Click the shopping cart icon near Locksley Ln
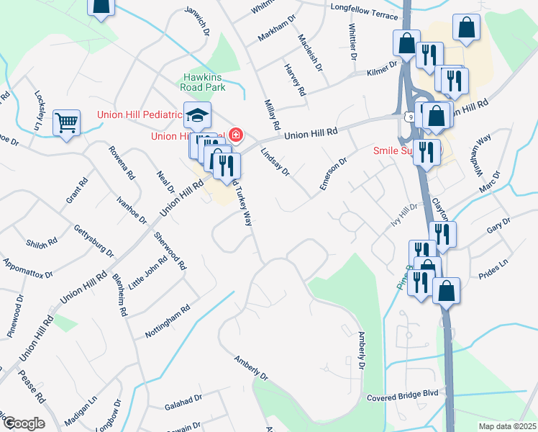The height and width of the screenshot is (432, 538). pos(66,123)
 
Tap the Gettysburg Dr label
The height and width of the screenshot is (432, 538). pos(94,240)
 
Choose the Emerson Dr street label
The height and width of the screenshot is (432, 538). pos(334,171)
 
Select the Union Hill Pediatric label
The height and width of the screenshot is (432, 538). pos(140,114)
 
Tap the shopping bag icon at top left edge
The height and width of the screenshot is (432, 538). pos(101,6)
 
